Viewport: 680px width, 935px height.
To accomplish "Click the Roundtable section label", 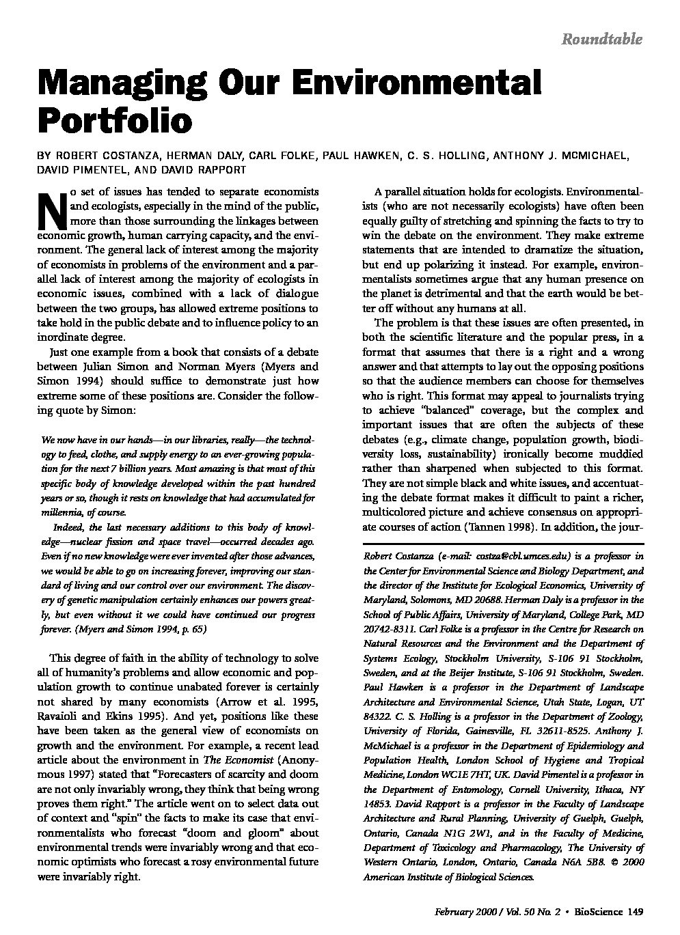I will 601,39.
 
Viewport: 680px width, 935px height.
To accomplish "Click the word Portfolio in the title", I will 115,120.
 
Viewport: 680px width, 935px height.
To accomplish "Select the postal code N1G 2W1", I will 467,833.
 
